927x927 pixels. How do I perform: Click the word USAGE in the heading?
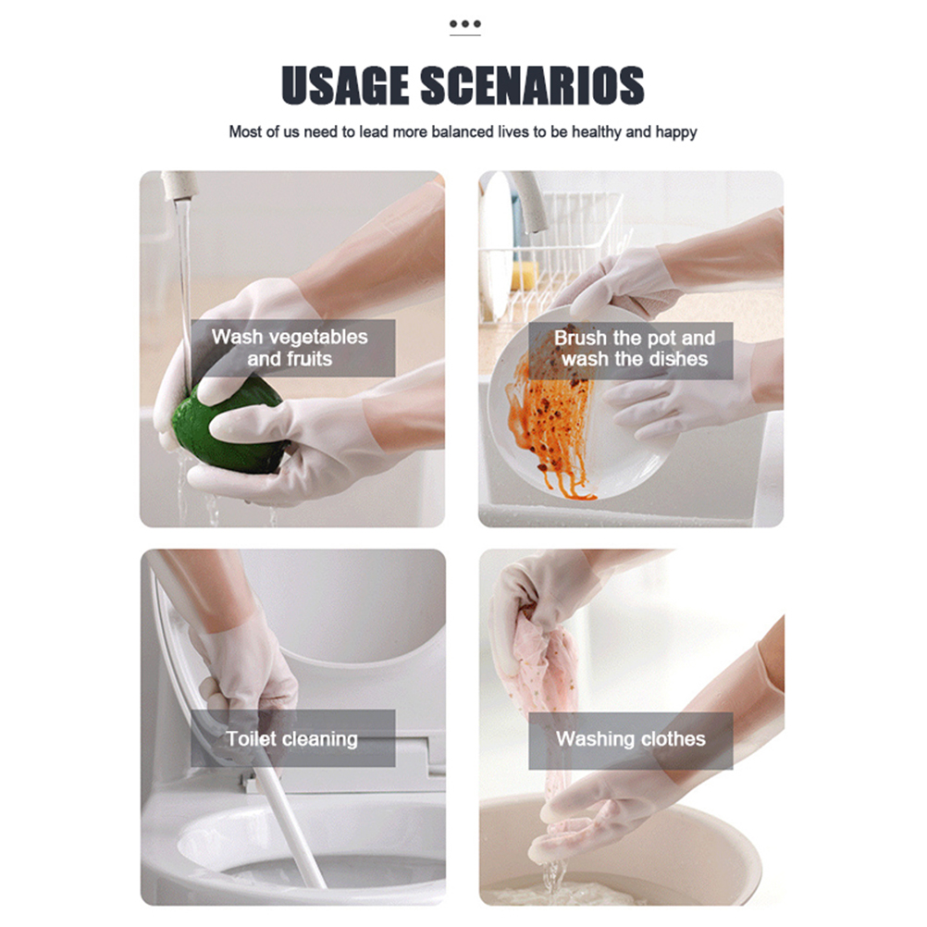[x=345, y=85]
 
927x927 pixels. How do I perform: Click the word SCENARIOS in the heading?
[x=532, y=85]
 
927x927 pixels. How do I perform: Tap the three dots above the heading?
[x=464, y=24]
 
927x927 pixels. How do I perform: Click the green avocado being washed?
[x=228, y=426]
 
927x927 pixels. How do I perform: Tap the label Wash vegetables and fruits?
[x=290, y=348]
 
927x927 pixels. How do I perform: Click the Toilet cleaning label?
[x=292, y=738]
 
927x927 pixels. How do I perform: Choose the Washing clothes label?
[x=631, y=738]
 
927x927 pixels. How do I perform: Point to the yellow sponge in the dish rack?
[x=525, y=275]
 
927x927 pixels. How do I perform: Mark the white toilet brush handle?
[x=289, y=828]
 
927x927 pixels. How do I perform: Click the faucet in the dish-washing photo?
[x=526, y=201]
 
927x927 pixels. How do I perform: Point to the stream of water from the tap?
[x=184, y=296]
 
